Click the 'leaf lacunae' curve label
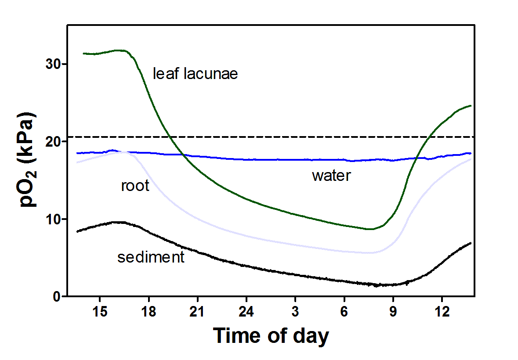click(x=195, y=74)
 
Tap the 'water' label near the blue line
click(x=331, y=176)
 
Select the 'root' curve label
click(x=135, y=186)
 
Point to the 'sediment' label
click(x=151, y=257)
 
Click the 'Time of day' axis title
click(x=271, y=336)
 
